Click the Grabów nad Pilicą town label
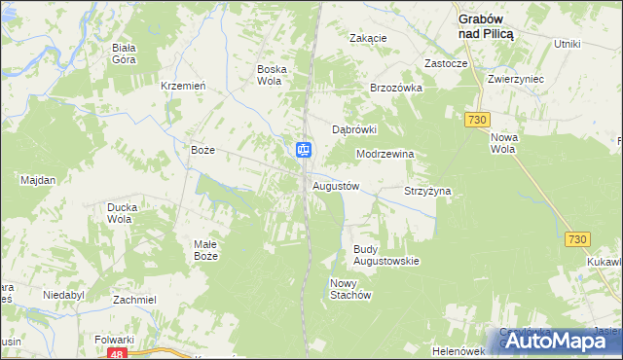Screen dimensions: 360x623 click(487, 24)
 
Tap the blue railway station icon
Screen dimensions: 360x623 click(304, 149)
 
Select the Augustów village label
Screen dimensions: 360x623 click(336, 185)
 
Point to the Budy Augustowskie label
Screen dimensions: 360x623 click(385, 255)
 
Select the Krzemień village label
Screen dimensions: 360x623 click(183, 86)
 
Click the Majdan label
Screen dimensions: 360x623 click(38, 180)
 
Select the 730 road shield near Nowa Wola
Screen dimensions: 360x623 click(476, 119)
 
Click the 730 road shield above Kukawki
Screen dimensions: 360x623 click(577, 239)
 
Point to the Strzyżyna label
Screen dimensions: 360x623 click(427, 192)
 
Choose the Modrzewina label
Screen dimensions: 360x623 click(385, 154)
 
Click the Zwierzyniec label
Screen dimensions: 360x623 click(516, 79)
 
